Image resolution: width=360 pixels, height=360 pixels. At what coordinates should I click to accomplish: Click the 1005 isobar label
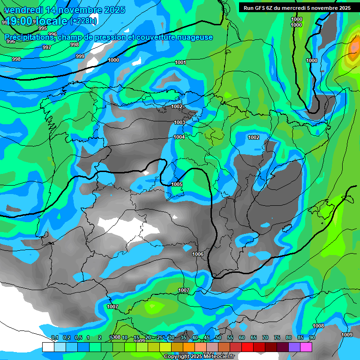[x=177, y=184]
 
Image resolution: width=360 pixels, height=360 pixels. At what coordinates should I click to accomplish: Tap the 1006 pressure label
[x=198, y=254]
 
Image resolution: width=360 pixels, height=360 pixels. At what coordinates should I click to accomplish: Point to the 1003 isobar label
[x=180, y=122]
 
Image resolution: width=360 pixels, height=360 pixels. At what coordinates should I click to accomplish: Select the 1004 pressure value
[x=179, y=137]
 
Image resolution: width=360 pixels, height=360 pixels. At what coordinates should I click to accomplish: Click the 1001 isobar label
[x=180, y=62]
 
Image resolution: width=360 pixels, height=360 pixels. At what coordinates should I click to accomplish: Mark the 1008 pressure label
[x=318, y=326]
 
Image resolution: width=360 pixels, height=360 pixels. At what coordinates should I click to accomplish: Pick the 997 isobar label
[x=47, y=47]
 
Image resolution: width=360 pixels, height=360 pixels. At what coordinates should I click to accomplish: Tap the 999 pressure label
[x=80, y=56]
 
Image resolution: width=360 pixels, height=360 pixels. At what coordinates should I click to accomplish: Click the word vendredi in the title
[x=25, y=10]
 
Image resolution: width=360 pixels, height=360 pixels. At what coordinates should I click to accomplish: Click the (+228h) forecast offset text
[x=83, y=21]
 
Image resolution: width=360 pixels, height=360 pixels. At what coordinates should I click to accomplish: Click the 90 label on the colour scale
[x=312, y=337]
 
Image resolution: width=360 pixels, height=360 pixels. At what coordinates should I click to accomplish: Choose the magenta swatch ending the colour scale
[x=306, y=346]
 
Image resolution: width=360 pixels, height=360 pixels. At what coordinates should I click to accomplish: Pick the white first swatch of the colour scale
[x=48, y=346]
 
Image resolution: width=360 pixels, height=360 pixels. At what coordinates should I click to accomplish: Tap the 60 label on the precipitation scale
[x=242, y=337]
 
